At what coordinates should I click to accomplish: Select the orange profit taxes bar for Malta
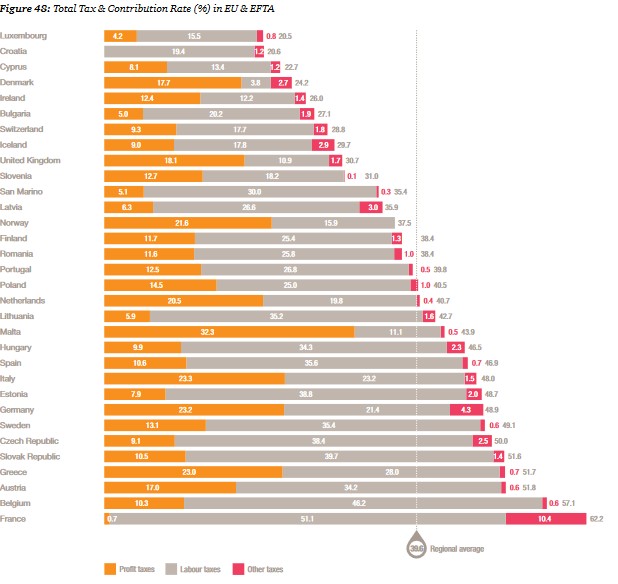[x=229, y=331]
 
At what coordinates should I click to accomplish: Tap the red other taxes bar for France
[x=545, y=519]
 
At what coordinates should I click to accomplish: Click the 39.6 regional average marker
[x=417, y=549]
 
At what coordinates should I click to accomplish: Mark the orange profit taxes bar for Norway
[x=187, y=222]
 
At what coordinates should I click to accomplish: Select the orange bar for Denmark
[x=172, y=82]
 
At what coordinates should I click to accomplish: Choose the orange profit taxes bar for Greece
[x=192, y=471]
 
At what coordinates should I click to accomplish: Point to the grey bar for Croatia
[x=178, y=51]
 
